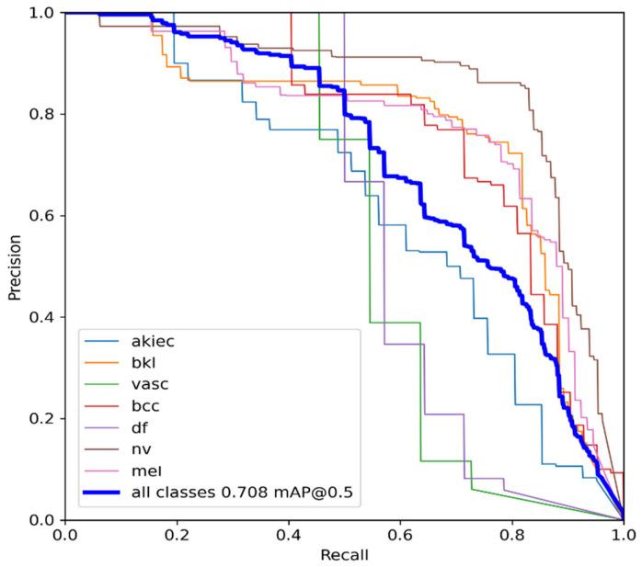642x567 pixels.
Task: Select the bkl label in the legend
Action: pos(145,364)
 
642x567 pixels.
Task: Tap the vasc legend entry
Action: pos(149,385)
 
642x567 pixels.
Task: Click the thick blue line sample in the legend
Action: pos(102,493)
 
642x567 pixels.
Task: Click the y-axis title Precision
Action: pos(14,266)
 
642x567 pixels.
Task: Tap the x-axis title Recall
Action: pos(344,555)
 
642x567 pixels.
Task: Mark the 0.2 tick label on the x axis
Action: pos(177,534)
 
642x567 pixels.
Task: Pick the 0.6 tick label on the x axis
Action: pos(400,534)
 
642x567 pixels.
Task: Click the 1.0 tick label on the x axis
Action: pos(623,534)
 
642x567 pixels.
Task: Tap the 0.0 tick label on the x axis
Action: pos(65,534)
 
